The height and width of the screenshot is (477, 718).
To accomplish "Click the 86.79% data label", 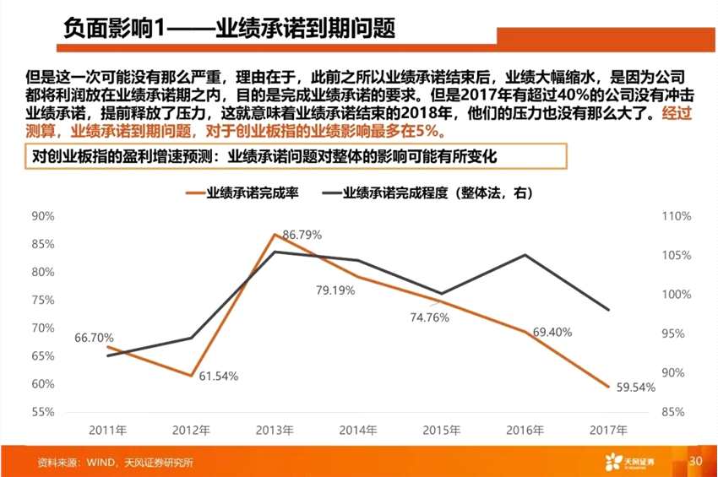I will click(x=302, y=235).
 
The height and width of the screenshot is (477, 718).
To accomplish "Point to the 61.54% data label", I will click(x=219, y=376).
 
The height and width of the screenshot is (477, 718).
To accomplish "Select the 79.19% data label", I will click(x=335, y=290).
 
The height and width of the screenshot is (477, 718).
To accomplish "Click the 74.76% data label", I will click(x=430, y=317).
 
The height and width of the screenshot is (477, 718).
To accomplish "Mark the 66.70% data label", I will click(x=94, y=338).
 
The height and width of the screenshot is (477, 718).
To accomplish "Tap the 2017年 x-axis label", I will click(x=607, y=430).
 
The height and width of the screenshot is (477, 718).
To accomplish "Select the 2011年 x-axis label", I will click(x=108, y=430).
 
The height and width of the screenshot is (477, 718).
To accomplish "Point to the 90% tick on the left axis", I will click(x=43, y=216).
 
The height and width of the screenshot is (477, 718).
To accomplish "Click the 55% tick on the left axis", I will click(x=43, y=412).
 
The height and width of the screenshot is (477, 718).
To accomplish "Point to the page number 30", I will click(x=695, y=462).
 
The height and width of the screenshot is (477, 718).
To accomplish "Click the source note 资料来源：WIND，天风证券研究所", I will click(x=116, y=463).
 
